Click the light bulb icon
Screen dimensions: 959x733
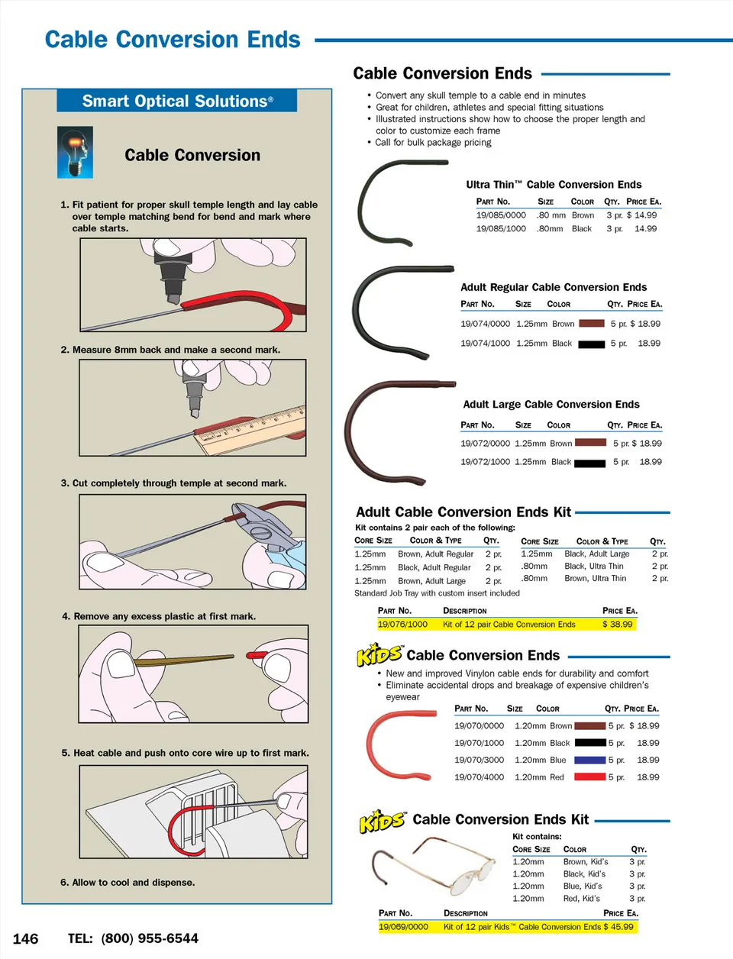coord(75,153)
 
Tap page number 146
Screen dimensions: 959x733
coord(25,939)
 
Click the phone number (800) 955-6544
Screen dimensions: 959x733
coord(150,938)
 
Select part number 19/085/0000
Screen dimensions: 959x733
coord(501,215)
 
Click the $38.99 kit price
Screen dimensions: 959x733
coord(617,625)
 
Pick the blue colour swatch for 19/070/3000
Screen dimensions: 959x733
coord(589,760)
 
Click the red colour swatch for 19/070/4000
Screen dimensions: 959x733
coord(589,777)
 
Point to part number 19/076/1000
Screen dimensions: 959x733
coord(402,625)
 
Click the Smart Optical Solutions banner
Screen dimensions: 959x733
coord(177,101)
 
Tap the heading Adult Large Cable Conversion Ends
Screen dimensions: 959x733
coord(551,405)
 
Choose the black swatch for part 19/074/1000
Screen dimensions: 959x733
coord(591,344)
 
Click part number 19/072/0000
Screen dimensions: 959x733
coord(485,444)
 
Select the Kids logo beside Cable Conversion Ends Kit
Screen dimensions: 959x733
coord(382,822)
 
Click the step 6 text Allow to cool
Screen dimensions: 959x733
coord(128,883)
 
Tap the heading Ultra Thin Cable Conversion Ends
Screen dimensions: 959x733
coord(554,185)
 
